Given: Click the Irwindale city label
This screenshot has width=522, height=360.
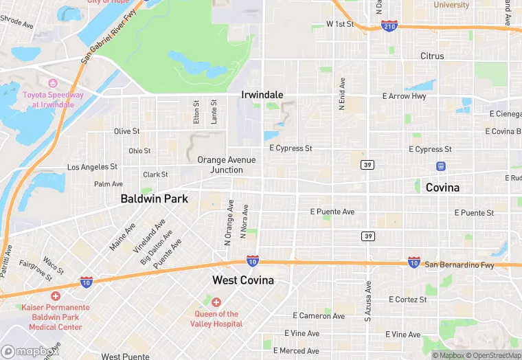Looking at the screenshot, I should [262, 95].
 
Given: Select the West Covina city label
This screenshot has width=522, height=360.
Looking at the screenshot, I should [242, 280].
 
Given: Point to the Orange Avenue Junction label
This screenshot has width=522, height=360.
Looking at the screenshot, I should [226, 165].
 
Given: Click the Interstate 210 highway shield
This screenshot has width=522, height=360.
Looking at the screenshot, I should [389, 25].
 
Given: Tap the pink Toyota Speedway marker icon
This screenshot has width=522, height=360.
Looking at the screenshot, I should [52, 83].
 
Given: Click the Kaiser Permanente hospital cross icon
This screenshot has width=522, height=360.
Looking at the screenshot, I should [55, 295].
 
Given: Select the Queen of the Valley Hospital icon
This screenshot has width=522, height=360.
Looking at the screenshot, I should [216, 302].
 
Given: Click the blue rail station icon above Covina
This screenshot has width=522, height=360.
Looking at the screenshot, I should [440, 166].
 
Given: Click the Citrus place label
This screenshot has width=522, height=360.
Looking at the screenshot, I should [432, 56].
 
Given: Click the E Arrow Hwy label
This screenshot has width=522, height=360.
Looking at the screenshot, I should [404, 96].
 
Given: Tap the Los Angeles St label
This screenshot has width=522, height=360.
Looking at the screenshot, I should [92, 167].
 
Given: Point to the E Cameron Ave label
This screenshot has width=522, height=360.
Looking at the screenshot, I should [319, 316].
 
